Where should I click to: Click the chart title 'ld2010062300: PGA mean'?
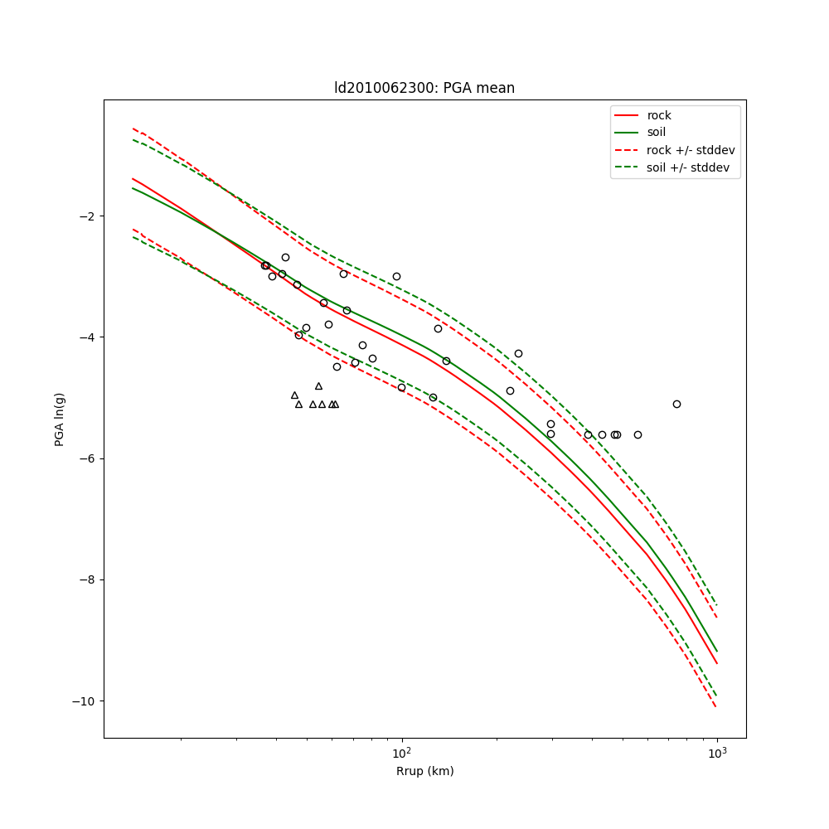pos(424,88)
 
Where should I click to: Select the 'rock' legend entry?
pos(659,115)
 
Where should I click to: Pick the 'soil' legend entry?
pos(656,133)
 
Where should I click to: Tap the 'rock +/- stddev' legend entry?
pos(691,150)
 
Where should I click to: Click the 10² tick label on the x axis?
pos(402,753)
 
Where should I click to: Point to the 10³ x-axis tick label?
pos(717,753)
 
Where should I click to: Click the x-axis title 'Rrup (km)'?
pos(424,771)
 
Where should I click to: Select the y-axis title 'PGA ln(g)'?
pos(60,419)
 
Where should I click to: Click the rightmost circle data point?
pos(676,404)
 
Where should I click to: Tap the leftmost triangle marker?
pos(294,395)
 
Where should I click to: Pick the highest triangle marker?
pos(318,386)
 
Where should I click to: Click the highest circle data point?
pos(285,257)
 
